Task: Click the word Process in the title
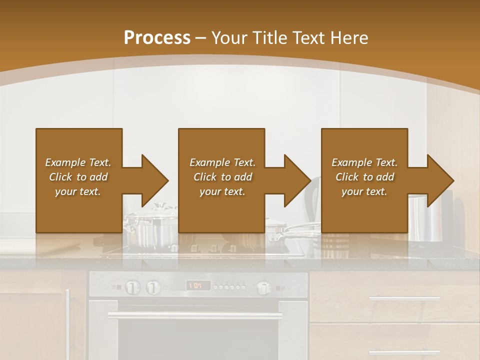point(157,38)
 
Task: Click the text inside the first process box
point(78,177)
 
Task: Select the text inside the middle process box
point(222,177)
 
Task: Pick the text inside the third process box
point(364,177)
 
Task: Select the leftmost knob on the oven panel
point(132,287)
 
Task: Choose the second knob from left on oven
point(153,287)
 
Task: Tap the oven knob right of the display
point(264,287)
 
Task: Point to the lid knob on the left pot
point(159,205)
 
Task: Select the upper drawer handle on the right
point(404,298)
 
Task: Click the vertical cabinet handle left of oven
point(68,315)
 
